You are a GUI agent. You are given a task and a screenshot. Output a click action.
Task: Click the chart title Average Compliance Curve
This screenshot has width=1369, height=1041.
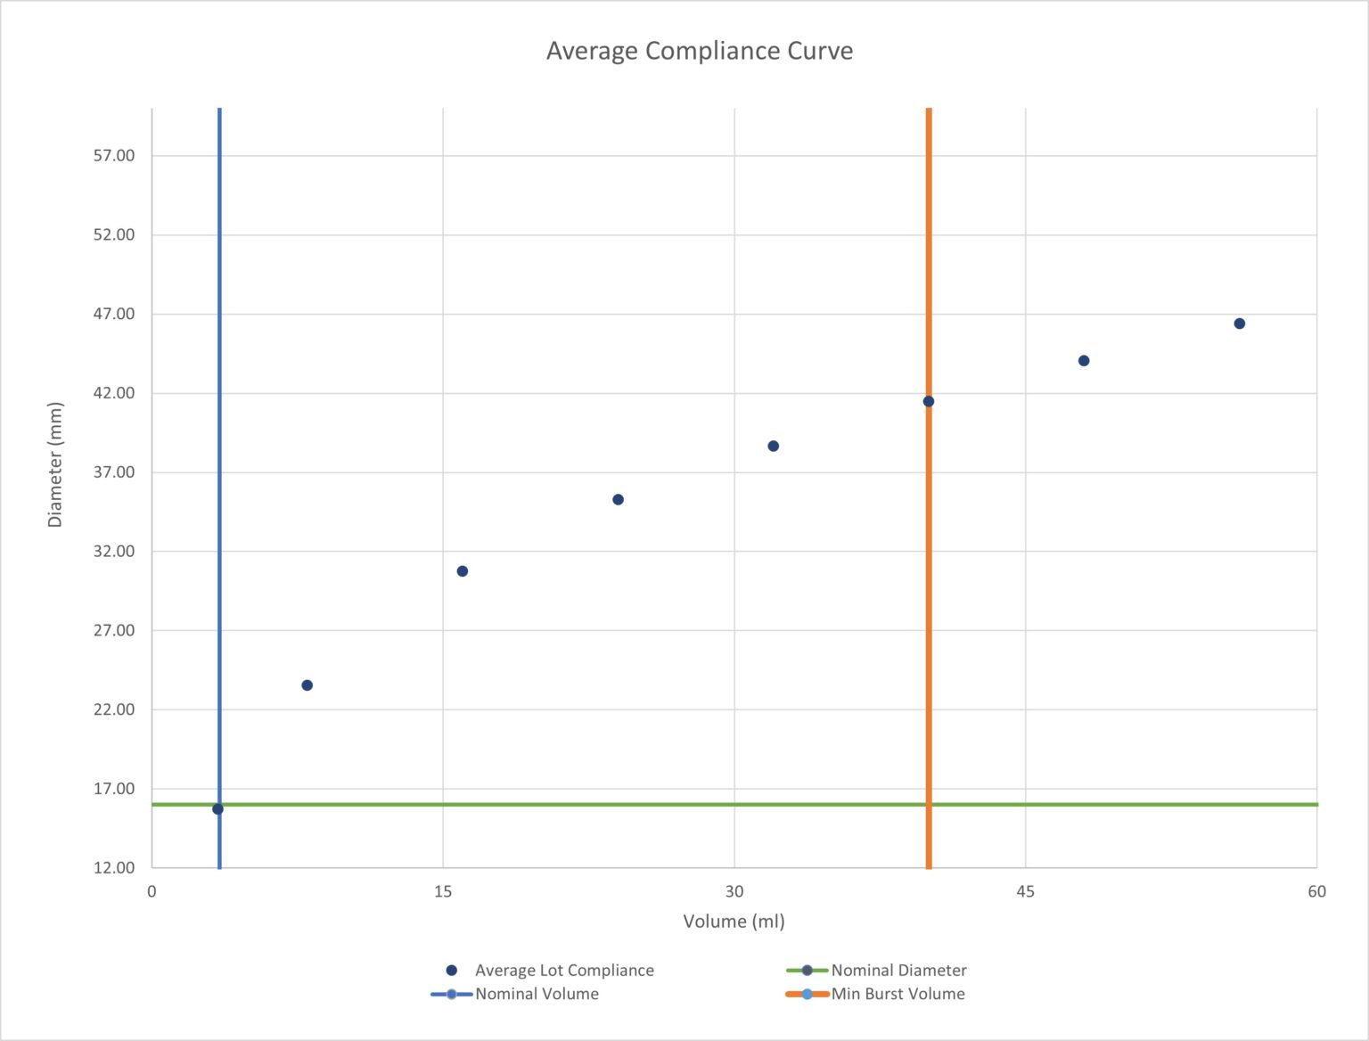tap(699, 51)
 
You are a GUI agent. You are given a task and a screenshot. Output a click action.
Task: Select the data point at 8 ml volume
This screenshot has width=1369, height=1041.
tap(307, 685)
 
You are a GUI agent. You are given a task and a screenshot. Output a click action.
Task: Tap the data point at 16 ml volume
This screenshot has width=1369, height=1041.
tap(463, 571)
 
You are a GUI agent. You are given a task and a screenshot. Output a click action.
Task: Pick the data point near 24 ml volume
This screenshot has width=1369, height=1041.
tap(618, 500)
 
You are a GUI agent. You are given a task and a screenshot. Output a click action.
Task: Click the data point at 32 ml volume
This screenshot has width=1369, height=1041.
tap(773, 447)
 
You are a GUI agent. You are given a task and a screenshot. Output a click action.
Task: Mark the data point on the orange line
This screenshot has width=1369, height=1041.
tap(928, 402)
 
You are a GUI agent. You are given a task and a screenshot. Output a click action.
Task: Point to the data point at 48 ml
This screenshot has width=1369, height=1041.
tap(1084, 361)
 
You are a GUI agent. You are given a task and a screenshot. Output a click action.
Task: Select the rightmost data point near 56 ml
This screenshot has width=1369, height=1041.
tap(1239, 324)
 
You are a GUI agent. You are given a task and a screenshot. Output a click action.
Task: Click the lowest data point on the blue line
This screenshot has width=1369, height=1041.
tap(217, 809)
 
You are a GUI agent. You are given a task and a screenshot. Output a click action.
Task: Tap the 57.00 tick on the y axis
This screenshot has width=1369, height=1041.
tap(114, 156)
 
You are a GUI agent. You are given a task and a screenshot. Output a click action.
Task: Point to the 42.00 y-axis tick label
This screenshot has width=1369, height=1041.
tap(114, 393)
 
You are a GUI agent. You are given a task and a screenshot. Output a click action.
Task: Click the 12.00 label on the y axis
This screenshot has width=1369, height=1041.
tap(114, 867)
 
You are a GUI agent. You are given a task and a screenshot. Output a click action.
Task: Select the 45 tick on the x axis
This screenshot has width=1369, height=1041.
tap(1026, 892)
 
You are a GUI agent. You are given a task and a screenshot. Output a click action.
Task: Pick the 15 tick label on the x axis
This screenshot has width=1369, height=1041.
tap(443, 892)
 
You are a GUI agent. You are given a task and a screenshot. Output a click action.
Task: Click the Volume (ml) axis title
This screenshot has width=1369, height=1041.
tap(734, 922)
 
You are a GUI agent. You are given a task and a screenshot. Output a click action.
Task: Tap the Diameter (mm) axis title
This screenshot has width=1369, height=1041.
tap(55, 464)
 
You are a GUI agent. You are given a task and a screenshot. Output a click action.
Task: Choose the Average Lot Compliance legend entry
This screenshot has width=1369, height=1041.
tap(563, 971)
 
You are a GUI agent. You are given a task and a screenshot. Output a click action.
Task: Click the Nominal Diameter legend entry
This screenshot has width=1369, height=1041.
tap(898, 971)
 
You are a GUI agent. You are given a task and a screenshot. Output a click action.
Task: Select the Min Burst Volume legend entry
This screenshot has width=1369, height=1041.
tap(898, 994)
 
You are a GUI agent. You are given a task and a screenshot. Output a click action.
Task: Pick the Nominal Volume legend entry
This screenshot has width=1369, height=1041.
tap(537, 994)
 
